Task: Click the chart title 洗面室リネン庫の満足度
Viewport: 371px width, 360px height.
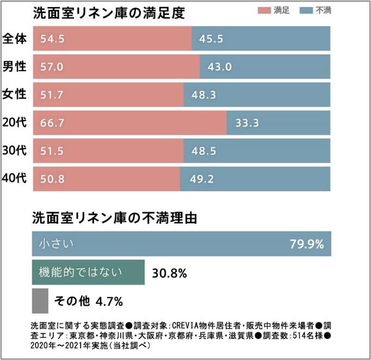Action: click(x=109, y=13)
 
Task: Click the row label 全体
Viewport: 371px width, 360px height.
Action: click(x=15, y=38)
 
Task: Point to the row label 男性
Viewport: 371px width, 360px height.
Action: click(x=15, y=67)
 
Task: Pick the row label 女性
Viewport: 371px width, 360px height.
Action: click(x=15, y=95)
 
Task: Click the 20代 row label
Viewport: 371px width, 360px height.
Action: click(x=15, y=123)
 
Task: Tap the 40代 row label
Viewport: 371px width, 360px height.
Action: click(x=15, y=179)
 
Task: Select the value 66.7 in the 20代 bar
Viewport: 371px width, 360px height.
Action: click(x=52, y=123)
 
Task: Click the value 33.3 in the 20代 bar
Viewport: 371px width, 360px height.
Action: click(x=246, y=123)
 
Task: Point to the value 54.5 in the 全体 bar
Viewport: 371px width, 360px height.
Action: click(x=52, y=39)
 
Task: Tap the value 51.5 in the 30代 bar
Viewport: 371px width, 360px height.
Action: click(x=52, y=151)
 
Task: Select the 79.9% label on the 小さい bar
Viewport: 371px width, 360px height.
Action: click(x=307, y=244)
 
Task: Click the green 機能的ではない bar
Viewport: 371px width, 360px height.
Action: click(x=88, y=272)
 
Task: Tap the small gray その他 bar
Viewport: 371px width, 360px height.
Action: click(x=40, y=300)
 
